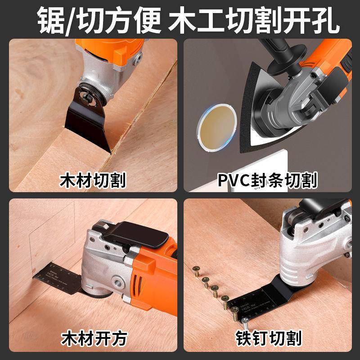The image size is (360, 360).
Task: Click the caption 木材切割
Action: pyautogui.click(x=93, y=181)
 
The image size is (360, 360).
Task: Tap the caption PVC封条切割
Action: pyautogui.click(x=269, y=181)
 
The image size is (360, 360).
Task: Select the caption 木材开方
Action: pyautogui.click(x=93, y=337)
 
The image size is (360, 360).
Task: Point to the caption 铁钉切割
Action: pyautogui.click(x=269, y=337)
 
